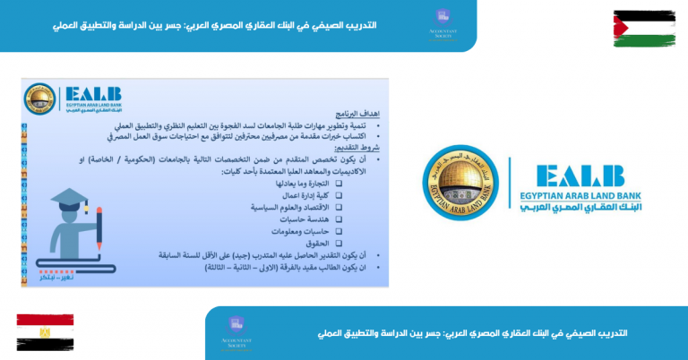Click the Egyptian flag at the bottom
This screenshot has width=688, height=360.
(45, 332)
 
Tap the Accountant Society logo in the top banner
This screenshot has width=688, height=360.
(442, 24)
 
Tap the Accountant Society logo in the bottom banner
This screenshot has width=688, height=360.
(236, 332)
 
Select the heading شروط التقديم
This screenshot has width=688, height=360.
(360, 149)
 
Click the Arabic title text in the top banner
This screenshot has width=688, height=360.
(215, 25)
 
